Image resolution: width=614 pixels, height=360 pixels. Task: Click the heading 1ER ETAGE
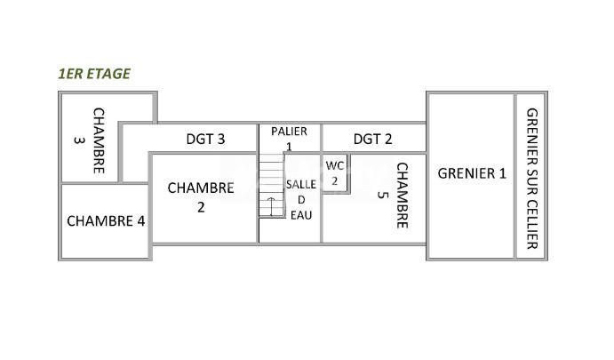pyautogui.click(x=93, y=74)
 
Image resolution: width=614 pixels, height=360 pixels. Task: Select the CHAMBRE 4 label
pyautogui.click(x=106, y=220)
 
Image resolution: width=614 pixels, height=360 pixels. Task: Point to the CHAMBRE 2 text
pyautogui.click(x=201, y=197)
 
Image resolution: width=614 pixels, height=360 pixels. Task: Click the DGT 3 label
pyautogui.click(x=205, y=139)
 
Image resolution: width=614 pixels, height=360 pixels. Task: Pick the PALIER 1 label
pyautogui.click(x=290, y=138)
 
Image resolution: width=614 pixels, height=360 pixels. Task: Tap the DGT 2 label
pyautogui.click(x=372, y=139)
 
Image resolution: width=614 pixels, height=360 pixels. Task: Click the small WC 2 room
pyautogui.click(x=334, y=172)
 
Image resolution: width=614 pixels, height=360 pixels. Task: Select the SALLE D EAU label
pyautogui.click(x=301, y=199)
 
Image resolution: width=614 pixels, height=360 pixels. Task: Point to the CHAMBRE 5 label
pyautogui.click(x=393, y=195)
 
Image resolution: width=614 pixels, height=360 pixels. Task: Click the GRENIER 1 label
pyautogui.click(x=472, y=173)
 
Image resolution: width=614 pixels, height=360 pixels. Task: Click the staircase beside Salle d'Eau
pyautogui.click(x=270, y=185)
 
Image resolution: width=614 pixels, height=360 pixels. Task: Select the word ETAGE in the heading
pyautogui.click(x=110, y=74)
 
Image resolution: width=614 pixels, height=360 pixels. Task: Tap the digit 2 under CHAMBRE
pyautogui.click(x=201, y=207)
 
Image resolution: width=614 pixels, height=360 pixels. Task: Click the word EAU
pyautogui.click(x=301, y=215)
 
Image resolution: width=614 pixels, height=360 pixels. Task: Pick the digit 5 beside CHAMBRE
pyautogui.click(x=383, y=195)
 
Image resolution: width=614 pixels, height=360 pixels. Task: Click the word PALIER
pyautogui.click(x=290, y=132)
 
